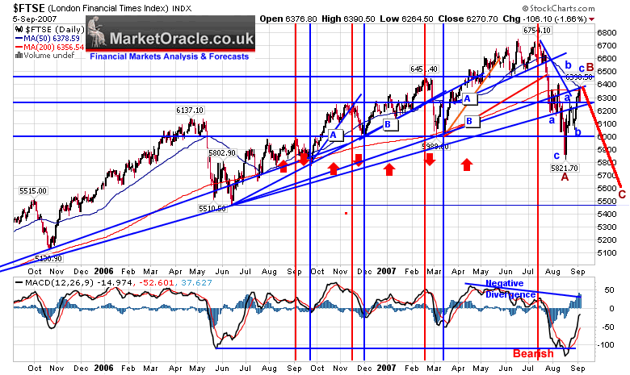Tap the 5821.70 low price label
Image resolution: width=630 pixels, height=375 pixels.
[x=563, y=169]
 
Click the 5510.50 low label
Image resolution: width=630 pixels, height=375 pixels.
[x=216, y=208]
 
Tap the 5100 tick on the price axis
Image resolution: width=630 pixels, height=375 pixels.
[x=608, y=252]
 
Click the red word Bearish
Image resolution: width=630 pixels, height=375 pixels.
[x=531, y=354]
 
